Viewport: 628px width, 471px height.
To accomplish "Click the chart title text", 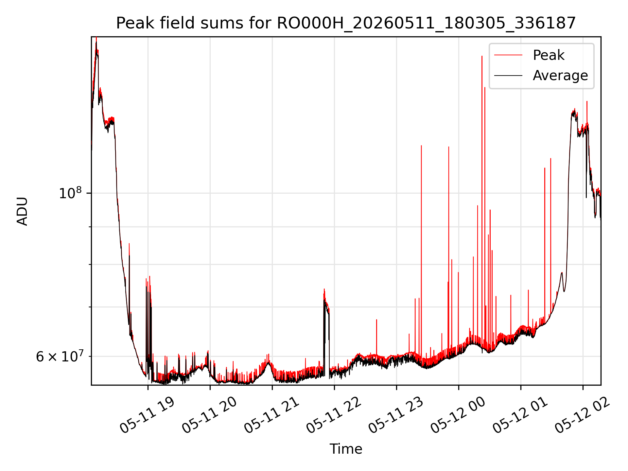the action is coord(346,23).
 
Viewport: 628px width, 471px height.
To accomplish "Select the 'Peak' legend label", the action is coord(549,55).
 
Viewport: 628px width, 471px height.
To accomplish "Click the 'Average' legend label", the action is coord(560,76).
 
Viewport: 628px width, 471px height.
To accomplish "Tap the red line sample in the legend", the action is coord(508,55).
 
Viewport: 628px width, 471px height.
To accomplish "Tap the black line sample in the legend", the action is coord(508,76).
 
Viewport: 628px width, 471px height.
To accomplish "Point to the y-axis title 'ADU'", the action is coord(22,211).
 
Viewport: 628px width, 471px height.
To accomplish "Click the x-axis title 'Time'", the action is coord(346,449).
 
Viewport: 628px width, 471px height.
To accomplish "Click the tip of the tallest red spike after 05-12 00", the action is coord(482,56).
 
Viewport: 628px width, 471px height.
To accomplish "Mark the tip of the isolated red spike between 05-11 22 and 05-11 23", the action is coord(376,320).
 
